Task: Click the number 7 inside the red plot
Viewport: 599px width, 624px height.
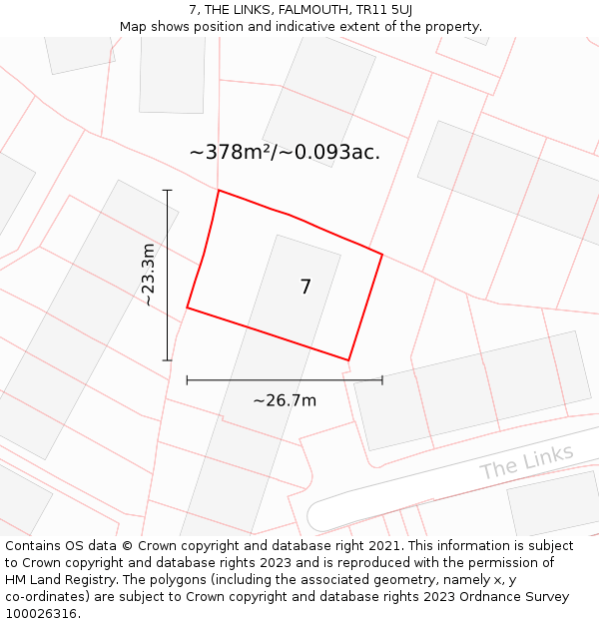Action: tap(305, 288)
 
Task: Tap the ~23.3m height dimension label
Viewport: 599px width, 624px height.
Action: tap(148, 275)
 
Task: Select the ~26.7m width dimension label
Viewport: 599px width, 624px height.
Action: tap(285, 400)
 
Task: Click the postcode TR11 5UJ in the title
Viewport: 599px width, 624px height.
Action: tap(377, 9)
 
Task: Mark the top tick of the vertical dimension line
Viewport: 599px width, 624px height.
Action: tap(167, 190)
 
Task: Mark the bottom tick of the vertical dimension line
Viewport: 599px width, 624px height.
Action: tap(167, 360)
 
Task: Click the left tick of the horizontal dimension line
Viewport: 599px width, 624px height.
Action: tap(187, 379)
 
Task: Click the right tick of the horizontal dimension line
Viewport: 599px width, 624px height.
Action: tap(382, 379)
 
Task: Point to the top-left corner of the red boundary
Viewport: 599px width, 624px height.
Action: tap(218, 190)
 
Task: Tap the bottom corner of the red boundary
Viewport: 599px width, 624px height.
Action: tap(348, 360)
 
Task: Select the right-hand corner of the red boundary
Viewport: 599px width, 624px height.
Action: tap(382, 254)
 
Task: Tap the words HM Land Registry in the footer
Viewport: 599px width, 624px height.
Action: tap(60, 580)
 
